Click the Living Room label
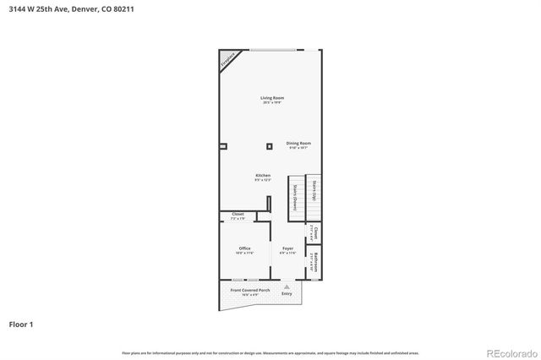pos(271,99)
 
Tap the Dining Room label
pos(298,144)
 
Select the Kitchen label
pos(263,176)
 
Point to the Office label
pos(244,248)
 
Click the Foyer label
pos(287,248)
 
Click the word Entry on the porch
pos(287,294)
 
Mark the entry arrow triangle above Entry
pos(287,286)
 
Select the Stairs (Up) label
pos(313,191)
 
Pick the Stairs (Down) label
pos(295,197)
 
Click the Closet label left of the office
pos(238,215)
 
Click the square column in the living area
pos(269,146)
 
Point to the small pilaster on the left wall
pos(222,146)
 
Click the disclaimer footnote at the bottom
pos(270,353)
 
